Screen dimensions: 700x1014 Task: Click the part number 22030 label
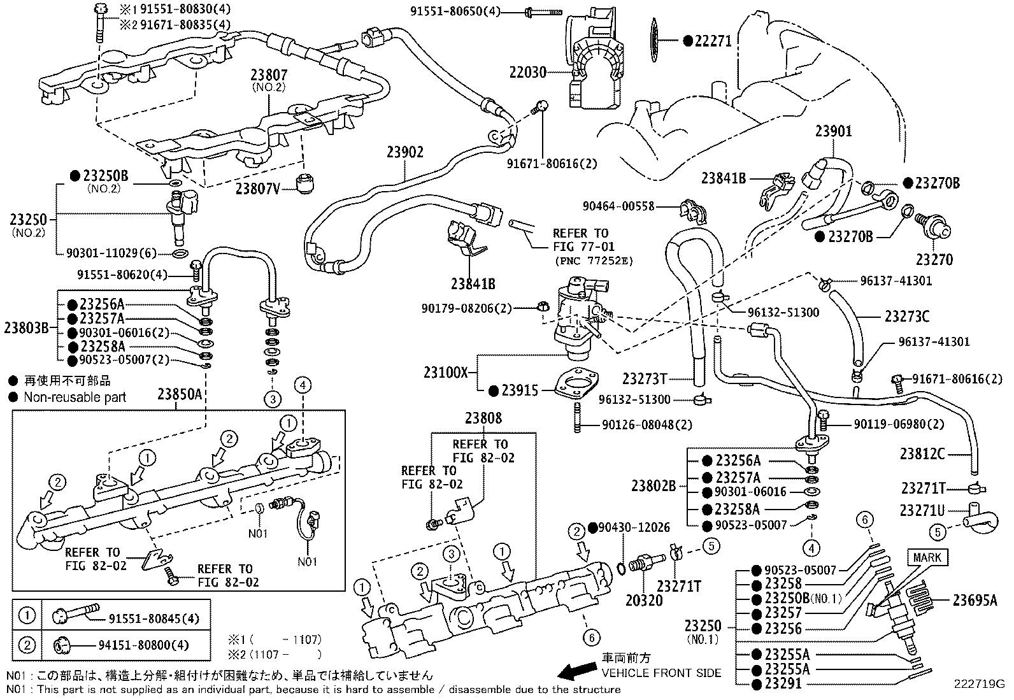[527, 73]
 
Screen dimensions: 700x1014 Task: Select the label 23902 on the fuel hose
[404, 152]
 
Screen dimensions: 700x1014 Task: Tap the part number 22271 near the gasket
[713, 41]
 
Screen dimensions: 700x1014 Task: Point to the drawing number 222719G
[978, 685]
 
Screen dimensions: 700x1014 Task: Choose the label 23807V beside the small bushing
[257, 189]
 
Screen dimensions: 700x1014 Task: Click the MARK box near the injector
[927, 557]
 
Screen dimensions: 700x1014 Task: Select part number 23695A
[975, 599]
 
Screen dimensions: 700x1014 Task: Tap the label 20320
[644, 600]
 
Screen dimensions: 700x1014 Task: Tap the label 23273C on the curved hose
[907, 316]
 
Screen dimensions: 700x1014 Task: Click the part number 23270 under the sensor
[934, 260]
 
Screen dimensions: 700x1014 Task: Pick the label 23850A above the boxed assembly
[180, 394]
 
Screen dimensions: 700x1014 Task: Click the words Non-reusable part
[75, 397]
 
